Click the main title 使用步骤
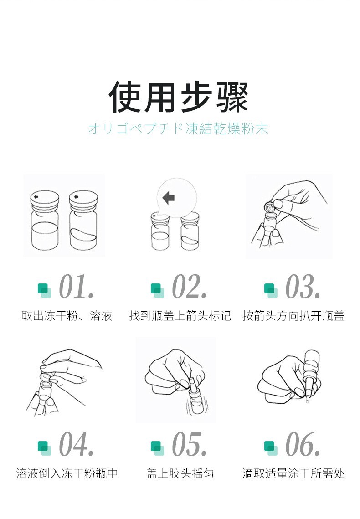coord(178,97)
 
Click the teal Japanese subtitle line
coord(178,128)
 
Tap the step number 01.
coord(77,287)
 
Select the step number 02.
coord(189,287)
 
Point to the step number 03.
coord(303,287)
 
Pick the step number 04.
coord(77,444)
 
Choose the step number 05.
coord(189,444)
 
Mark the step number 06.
coord(303,444)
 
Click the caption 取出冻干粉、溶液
coord(67,316)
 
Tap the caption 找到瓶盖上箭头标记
coord(180,316)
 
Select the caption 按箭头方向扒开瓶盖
coord(293,316)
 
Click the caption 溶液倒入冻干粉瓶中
coord(67,473)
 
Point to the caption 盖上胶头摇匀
coord(180,473)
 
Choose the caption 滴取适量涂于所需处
coord(293,473)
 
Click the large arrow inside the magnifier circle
coord(169,198)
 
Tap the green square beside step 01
coord(44,290)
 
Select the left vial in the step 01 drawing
coord(45,220)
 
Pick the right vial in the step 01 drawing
coord(83,220)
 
